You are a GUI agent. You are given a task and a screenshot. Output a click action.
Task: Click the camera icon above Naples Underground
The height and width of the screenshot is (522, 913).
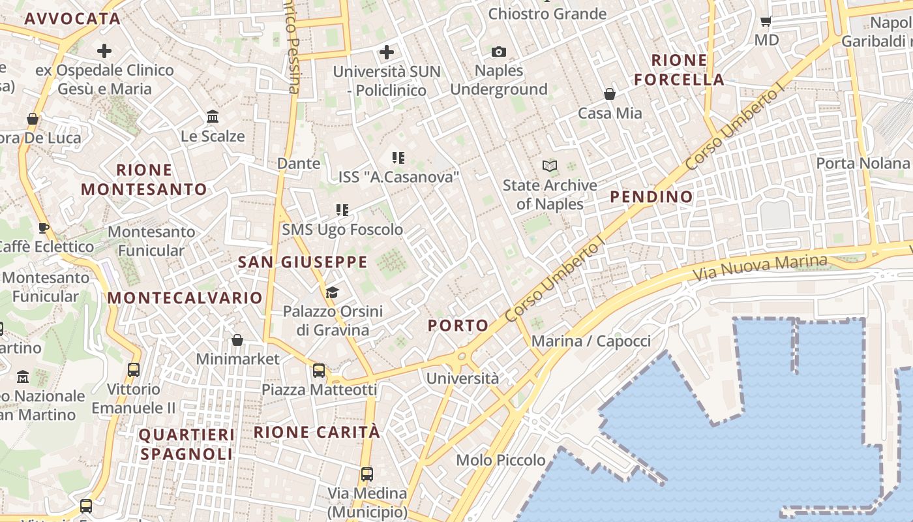tap(499, 52)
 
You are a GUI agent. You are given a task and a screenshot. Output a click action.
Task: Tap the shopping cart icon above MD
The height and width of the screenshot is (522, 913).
tap(766, 21)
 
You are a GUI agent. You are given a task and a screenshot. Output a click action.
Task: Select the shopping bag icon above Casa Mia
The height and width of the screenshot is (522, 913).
tap(610, 94)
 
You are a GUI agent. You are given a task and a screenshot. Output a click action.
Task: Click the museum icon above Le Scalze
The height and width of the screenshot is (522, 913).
tap(213, 117)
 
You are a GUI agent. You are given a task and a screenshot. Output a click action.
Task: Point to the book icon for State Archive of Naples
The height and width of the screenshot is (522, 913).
tap(550, 166)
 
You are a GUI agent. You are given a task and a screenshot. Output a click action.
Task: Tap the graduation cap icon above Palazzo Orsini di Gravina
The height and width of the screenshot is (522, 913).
tap(333, 292)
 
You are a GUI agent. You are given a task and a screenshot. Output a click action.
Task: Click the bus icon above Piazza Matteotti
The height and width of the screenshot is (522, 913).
tap(319, 371)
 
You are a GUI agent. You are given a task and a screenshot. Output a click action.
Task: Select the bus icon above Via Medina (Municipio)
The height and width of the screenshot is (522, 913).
tap(367, 474)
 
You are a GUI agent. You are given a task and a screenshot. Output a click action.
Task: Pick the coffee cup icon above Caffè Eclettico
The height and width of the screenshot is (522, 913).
tap(43, 228)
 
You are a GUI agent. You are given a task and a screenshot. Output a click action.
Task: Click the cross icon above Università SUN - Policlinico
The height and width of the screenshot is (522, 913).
tap(387, 52)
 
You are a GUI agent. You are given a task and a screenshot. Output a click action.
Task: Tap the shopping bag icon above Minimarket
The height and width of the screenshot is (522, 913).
tap(237, 340)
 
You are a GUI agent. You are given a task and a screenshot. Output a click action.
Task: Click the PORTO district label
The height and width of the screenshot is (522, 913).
tap(458, 326)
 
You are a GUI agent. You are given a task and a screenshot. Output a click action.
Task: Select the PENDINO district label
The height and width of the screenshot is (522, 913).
tap(651, 196)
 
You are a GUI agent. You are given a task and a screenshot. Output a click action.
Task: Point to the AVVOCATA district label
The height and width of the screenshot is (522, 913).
tap(72, 18)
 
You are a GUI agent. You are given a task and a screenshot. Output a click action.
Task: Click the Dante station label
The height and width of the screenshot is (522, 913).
tap(299, 163)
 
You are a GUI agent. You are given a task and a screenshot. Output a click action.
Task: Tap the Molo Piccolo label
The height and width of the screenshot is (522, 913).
tap(501, 460)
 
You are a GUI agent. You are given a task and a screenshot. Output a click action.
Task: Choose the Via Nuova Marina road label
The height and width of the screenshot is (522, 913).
tap(760, 268)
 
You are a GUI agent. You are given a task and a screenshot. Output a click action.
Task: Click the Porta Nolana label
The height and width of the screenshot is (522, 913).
tap(862, 163)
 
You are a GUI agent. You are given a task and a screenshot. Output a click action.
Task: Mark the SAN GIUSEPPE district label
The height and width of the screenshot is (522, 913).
tap(303, 262)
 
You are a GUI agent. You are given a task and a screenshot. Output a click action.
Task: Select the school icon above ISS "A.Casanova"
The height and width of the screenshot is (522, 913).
tap(398, 157)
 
